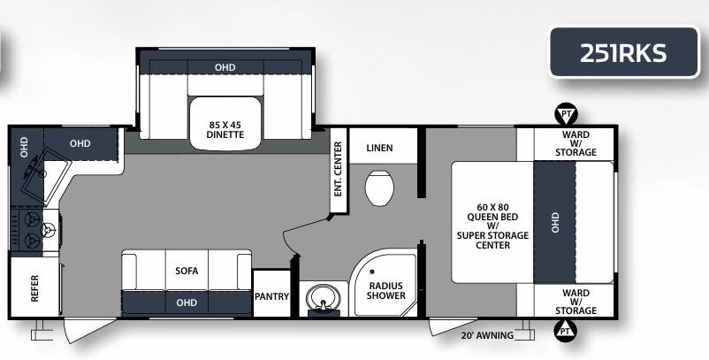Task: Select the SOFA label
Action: coord(187,271)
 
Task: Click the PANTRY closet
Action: coord(271,296)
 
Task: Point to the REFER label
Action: coord(34,287)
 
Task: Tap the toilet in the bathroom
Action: coord(379,188)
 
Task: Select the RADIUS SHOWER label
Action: coord(386,290)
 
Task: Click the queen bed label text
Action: coord(489,226)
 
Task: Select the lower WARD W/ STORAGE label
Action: coord(576,301)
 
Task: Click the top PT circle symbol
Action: coord(565,113)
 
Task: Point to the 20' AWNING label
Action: coord(488,335)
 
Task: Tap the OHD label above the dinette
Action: coord(225,67)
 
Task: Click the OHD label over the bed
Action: coord(556,223)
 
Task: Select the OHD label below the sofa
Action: coord(187,303)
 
